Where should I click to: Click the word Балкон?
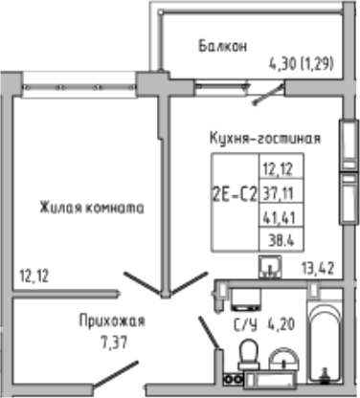click(224, 45)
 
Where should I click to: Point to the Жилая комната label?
click(92, 206)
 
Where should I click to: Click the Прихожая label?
click(106, 321)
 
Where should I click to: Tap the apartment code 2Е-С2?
click(234, 192)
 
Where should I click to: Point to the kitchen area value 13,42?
click(317, 269)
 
